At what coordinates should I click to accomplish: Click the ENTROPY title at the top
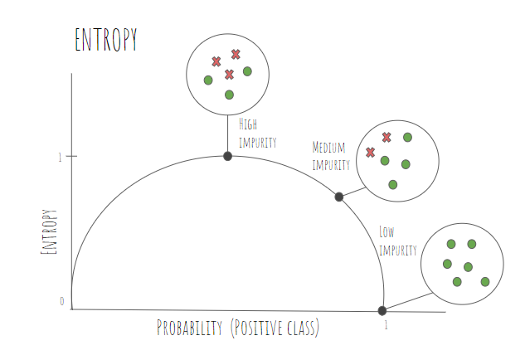pos(106,40)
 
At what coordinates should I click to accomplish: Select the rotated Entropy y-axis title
pos(49,231)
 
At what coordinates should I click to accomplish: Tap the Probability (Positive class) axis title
pos(238,328)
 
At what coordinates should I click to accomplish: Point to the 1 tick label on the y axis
pos(60,157)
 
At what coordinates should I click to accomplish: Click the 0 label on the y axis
pos(62,301)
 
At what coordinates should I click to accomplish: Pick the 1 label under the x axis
pos(386,325)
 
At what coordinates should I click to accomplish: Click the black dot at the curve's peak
pos(228,156)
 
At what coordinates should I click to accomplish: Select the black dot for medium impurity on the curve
pos(339,197)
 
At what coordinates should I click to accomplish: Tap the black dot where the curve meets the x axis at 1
pos(382,311)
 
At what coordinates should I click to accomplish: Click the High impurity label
pos(257,134)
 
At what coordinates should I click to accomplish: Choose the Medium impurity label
pos(331,156)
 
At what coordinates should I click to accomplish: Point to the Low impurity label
pos(398,241)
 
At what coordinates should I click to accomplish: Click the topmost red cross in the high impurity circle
pos(236,54)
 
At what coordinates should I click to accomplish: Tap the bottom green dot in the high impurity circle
pos(229,95)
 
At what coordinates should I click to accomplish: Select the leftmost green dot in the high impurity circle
pos(208,80)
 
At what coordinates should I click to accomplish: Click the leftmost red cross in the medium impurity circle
pos(370,153)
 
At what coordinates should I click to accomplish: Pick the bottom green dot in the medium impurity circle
pos(393,184)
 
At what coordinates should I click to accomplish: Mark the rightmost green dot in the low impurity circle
pos(485,282)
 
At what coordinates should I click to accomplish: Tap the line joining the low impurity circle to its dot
pos(409,301)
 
